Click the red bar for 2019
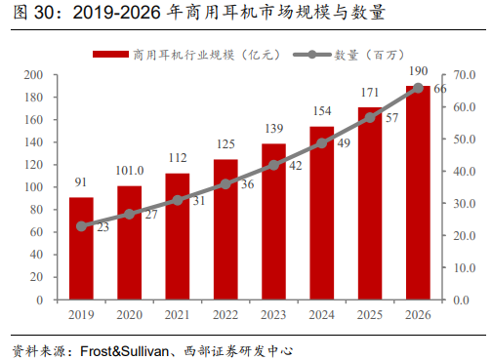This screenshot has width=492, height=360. click(x=81, y=249)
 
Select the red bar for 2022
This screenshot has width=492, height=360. click(x=225, y=229)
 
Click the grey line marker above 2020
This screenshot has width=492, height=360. click(x=130, y=215)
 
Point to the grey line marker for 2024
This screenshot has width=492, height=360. click(x=322, y=143)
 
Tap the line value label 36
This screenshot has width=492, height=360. click(x=249, y=183)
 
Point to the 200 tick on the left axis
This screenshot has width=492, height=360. click(x=33, y=75)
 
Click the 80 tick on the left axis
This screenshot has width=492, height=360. click(x=36, y=210)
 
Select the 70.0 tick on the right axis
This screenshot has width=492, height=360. click(x=464, y=75)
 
